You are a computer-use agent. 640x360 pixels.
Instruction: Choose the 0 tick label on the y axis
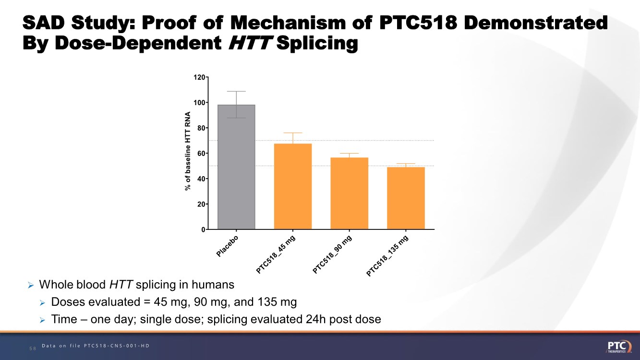point(203,229)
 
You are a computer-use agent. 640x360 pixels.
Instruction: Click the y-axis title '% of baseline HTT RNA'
point(189,152)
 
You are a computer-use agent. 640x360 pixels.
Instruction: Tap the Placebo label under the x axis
point(228,246)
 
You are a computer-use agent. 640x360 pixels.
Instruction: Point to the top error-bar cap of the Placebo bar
point(236,91)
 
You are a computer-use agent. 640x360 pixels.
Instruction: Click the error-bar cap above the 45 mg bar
point(293,132)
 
